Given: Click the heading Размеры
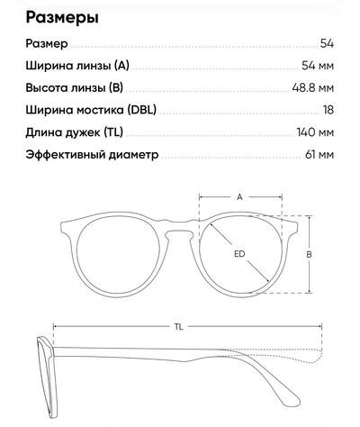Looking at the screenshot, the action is (62, 18).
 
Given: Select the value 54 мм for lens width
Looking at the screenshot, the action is (318, 66).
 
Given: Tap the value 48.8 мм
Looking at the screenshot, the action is (312, 87).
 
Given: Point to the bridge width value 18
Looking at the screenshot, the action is (328, 110).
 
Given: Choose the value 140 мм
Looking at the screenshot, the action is (315, 132).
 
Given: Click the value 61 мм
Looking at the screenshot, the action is (319, 155).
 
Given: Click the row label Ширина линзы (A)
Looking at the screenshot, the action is (77, 66).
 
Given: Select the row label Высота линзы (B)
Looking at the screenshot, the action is (75, 87).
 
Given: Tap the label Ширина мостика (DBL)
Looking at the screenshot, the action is (91, 110).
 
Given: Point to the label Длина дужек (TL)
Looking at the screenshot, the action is (75, 132).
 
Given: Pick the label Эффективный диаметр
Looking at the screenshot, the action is (92, 155).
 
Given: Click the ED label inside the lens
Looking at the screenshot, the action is (239, 254).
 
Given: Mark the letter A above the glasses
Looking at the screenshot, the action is (239, 197).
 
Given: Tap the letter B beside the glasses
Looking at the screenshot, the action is (309, 255).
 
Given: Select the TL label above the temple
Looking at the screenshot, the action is (179, 327).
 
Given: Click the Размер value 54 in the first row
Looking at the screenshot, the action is (327, 43).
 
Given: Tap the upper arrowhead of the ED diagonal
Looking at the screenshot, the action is (211, 225).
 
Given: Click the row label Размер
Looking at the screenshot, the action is (47, 44).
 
